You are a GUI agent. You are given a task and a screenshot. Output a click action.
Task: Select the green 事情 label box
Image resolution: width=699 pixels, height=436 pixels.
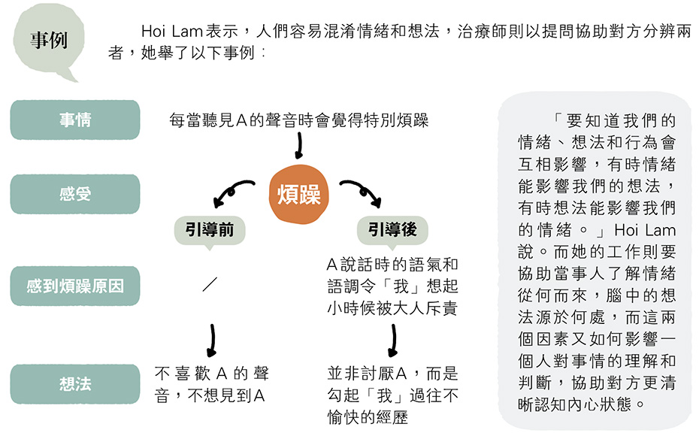point(75,120)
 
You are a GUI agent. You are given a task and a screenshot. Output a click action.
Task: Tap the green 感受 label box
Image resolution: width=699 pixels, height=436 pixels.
point(75,194)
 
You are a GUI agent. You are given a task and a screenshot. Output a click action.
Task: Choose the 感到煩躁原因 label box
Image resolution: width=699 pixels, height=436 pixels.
point(75,286)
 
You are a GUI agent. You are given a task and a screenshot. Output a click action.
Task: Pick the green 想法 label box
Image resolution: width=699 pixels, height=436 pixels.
point(75,384)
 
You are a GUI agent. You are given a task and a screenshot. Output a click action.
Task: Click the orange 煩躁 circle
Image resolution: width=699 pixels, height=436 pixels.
point(298,195)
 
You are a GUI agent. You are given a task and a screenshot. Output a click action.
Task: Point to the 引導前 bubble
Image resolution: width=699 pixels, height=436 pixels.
point(210,231)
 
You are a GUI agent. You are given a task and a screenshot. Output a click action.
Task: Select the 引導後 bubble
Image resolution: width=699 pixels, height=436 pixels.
point(392,231)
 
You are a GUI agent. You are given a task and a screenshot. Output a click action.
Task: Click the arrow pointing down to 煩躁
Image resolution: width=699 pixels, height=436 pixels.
point(299,146)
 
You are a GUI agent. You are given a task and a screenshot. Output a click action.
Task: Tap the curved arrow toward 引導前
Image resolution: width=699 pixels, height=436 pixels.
point(231,188)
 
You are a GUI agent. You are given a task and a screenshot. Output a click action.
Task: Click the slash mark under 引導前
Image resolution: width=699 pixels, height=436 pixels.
point(210,284)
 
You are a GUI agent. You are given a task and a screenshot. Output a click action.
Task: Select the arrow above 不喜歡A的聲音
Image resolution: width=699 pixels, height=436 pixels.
point(212,340)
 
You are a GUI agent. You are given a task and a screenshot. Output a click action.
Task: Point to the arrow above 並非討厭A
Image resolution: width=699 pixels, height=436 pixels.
point(393,340)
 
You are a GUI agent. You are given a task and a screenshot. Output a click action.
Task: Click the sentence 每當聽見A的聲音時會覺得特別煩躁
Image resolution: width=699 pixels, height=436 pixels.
point(298,120)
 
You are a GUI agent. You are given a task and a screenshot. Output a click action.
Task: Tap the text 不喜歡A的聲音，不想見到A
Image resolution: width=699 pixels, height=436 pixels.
point(212,384)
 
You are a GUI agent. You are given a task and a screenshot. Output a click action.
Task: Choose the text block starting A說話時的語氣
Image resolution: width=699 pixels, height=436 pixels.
point(392,286)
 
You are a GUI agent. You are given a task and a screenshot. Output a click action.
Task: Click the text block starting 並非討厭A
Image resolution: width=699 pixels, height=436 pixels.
point(392,395)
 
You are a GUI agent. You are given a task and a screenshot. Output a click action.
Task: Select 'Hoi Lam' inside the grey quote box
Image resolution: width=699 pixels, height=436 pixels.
point(645,230)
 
